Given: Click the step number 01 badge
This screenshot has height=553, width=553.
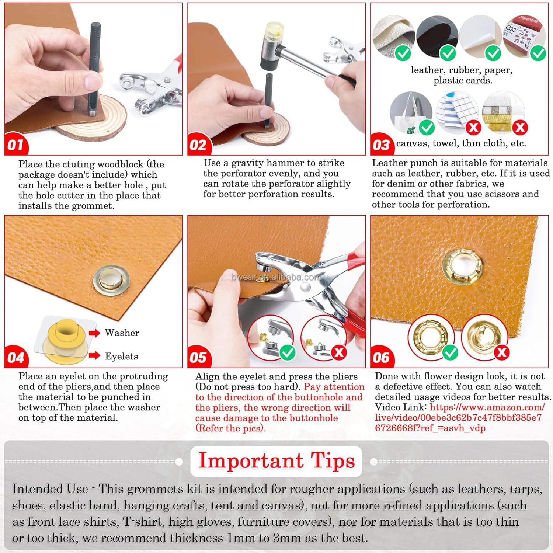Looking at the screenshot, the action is point(15,144).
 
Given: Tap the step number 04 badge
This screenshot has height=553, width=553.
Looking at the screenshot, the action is point(15,357).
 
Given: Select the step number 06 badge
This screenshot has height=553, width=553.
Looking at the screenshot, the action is point(381,357).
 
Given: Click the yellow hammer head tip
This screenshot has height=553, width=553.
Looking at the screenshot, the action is point(273,28).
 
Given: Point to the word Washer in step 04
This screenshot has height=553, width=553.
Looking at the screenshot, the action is point(122,333).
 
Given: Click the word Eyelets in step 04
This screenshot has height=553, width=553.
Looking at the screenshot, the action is point(121,356).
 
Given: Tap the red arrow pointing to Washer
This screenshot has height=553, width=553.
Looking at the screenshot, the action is point(94,333).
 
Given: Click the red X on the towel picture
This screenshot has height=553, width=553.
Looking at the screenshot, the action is point(473,128).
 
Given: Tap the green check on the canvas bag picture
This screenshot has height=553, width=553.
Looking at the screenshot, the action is point(427,128).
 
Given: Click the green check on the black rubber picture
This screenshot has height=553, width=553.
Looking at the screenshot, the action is point(448,53).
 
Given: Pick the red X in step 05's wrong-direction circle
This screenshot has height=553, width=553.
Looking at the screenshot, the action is point(339,352).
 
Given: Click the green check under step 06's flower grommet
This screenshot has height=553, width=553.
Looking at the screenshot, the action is point(450,352).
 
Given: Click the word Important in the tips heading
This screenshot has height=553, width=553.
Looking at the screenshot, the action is point(251,461).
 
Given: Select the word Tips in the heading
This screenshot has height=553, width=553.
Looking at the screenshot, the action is point(333,461).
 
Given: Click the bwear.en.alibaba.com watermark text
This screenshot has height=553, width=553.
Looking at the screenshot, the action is point(276,277).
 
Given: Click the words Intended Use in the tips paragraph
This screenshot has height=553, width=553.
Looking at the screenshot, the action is point(50,489).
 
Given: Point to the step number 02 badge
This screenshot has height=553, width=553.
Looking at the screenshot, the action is point(198,144).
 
